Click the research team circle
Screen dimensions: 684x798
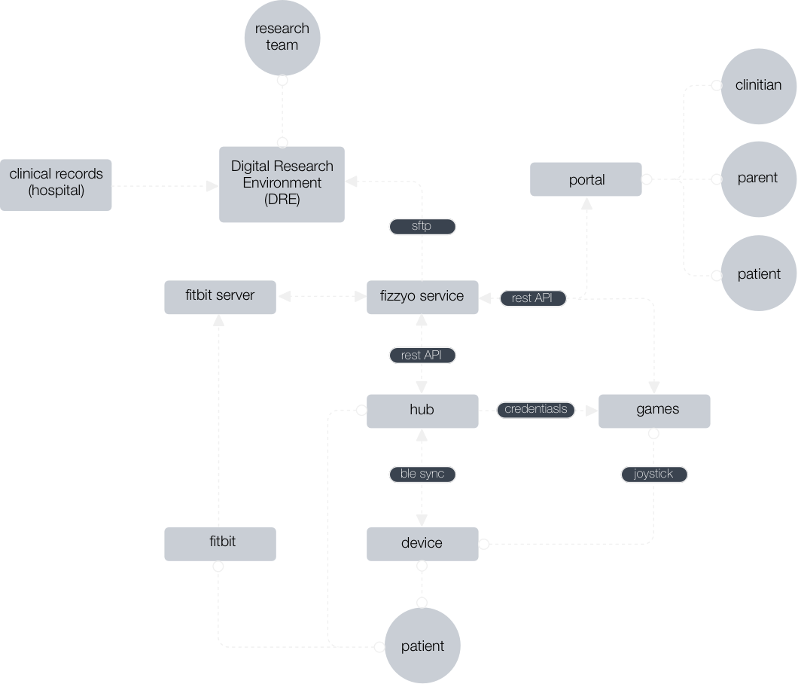point(282,37)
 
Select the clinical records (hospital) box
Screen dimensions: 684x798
point(56,184)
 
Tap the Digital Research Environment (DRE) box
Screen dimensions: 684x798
point(282,184)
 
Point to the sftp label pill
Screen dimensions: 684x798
point(422,226)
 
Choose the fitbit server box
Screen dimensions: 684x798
point(220,296)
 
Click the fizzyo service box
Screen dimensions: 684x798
point(422,297)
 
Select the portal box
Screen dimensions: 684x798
point(586,179)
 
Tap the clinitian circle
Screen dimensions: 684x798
point(758,85)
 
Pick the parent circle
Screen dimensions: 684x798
point(758,179)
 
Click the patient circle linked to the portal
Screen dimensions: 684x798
point(758,273)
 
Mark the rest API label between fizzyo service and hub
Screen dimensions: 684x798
point(422,355)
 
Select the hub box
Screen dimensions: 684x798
point(422,411)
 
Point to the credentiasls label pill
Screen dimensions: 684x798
point(536,410)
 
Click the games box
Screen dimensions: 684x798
point(654,411)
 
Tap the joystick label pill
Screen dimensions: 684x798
point(654,474)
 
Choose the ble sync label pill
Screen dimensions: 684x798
point(422,474)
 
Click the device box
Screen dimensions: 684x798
point(422,544)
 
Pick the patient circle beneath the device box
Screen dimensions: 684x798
point(422,646)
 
